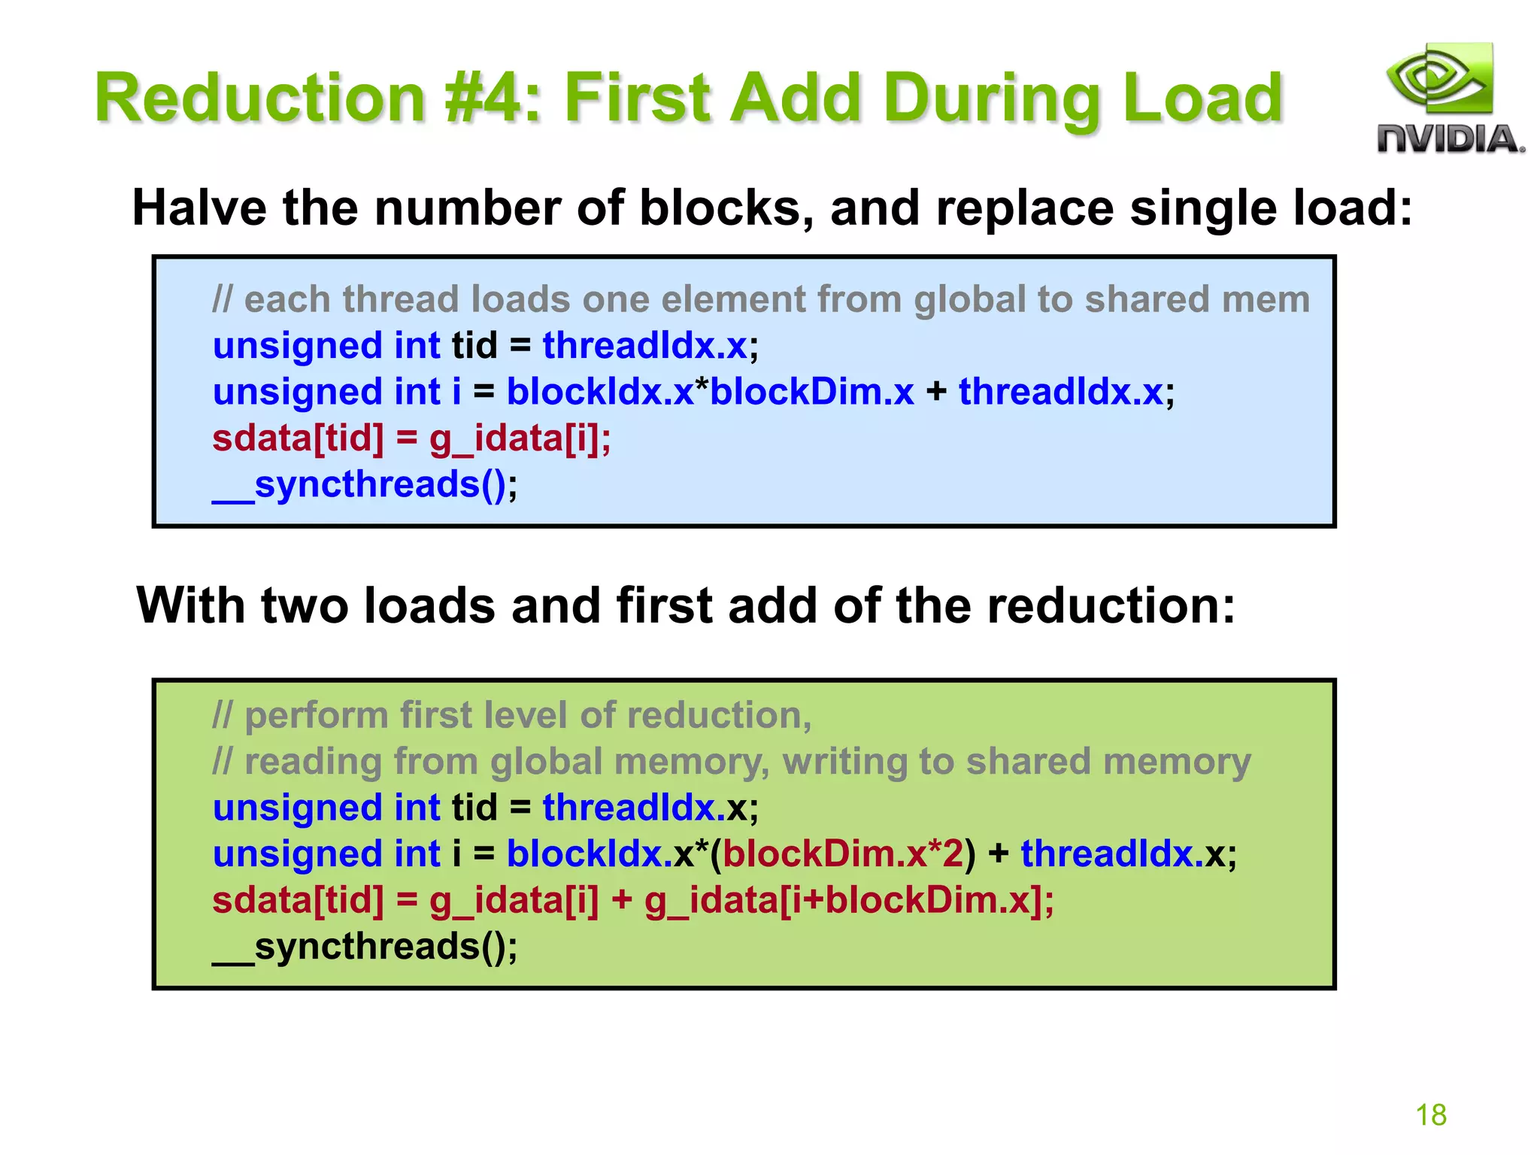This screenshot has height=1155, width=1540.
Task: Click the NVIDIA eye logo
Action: coord(1439,79)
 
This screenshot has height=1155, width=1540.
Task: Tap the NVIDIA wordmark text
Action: coord(1450,140)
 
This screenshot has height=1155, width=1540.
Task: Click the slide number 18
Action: coord(1431,1115)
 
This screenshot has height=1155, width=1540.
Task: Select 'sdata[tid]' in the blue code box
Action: coord(298,438)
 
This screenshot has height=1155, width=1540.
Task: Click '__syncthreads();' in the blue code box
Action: coord(365,484)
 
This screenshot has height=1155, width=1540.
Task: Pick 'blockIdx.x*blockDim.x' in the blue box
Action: coord(710,392)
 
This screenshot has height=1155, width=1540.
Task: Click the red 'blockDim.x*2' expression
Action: coord(843,853)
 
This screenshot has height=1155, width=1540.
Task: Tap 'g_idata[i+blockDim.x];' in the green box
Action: coord(849,900)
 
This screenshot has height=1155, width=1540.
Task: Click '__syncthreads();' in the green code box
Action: coord(365,946)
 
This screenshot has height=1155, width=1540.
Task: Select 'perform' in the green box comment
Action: coord(317,715)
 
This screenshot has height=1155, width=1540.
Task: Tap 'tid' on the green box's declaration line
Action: coord(474,808)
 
